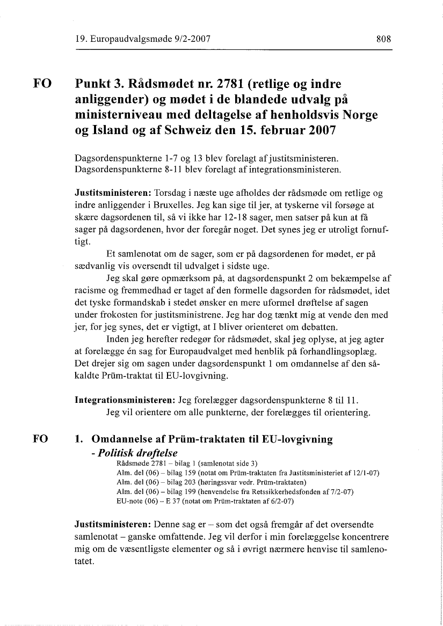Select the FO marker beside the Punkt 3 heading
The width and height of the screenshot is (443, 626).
[42, 84]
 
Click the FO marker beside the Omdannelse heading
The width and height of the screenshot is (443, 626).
[42, 439]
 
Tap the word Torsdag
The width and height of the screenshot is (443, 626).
[170, 192]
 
